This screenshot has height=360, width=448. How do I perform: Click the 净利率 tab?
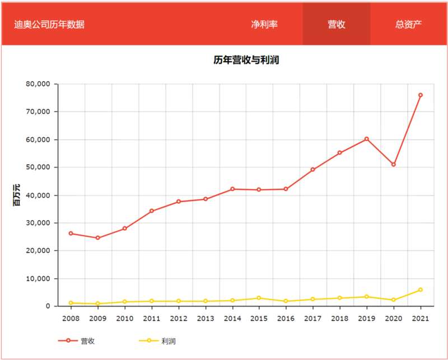tap(264, 24)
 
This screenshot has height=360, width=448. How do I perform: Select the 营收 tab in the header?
tap(336, 24)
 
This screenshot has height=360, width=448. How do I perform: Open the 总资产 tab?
tap(408, 24)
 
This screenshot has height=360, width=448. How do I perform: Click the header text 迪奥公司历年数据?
tap(49, 25)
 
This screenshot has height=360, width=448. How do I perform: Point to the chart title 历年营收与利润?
tap(246, 60)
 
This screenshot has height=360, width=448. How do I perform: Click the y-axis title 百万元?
tap(17, 195)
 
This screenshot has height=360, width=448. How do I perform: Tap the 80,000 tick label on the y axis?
tap(38, 84)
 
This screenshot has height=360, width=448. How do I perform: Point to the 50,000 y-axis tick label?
tap(38, 167)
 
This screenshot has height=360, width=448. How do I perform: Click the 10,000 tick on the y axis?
tap(38, 278)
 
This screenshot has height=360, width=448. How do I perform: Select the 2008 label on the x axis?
tap(71, 319)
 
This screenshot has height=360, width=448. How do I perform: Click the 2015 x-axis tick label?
tap(259, 319)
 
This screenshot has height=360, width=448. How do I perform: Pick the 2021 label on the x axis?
tap(421, 319)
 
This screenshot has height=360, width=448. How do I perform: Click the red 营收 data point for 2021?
tap(421, 95)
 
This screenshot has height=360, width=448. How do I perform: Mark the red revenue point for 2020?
tap(394, 165)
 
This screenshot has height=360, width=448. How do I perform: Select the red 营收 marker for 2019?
tap(367, 139)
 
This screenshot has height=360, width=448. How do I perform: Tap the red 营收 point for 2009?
tap(97, 238)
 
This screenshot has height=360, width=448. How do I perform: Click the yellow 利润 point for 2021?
tap(421, 290)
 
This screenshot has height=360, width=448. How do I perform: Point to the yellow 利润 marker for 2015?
tap(259, 298)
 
